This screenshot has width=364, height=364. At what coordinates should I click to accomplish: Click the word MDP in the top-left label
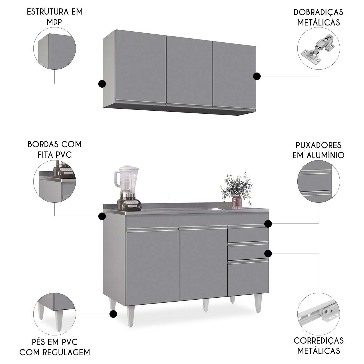point(54,22)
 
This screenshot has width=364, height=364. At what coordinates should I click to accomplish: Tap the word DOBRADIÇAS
point(318,12)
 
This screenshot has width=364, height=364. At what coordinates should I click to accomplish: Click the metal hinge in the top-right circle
point(318,51)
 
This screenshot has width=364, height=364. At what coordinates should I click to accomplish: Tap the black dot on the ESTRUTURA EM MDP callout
point(102,83)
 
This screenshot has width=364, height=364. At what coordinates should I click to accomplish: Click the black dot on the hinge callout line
point(257,76)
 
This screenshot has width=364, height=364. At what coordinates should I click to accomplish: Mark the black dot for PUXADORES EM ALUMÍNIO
point(268,224)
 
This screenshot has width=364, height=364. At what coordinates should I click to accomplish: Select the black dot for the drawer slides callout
point(268,253)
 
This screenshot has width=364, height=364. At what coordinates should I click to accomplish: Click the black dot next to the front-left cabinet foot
point(113,314)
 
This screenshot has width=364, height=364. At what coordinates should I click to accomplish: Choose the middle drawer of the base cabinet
point(248,251)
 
